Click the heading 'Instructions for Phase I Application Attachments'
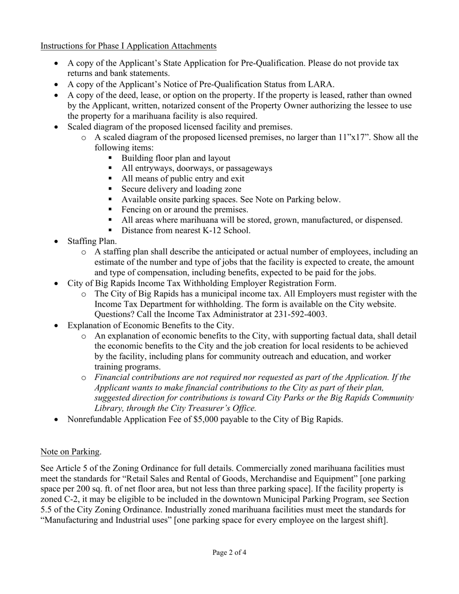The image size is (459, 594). (x=129, y=46)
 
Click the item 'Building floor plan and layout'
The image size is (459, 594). (x=176, y=158)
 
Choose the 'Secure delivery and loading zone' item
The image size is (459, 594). (x=181, y=189)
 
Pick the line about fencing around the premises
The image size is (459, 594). (x=185, y=210)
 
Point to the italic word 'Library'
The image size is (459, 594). (x=110, y=408)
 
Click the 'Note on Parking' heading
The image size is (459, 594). (x=70, y=452)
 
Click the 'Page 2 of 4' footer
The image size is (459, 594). (x=229, y=552)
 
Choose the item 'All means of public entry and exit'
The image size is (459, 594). (x=183, y=179)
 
